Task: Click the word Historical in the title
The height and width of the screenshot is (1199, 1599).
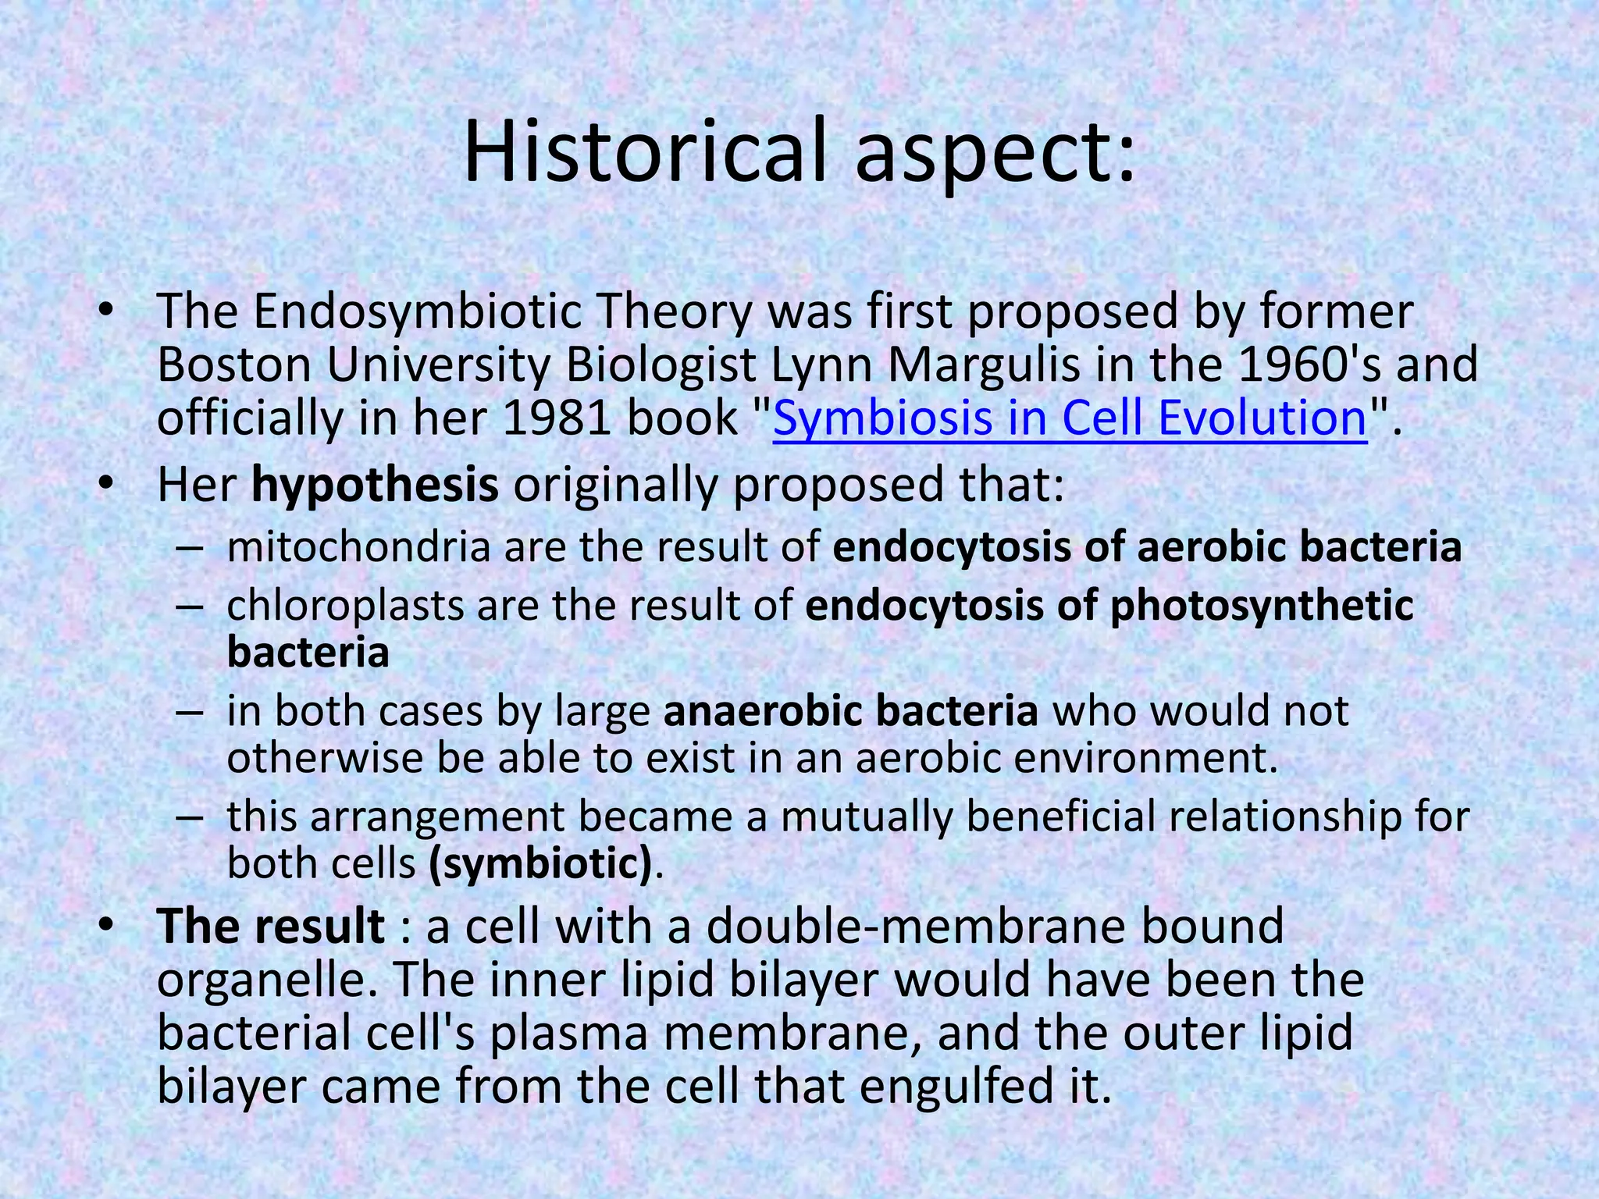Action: pos(644,151)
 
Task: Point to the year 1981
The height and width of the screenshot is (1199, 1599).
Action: pos(555,418)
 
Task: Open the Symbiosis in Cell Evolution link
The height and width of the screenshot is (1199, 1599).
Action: pos(1070,418)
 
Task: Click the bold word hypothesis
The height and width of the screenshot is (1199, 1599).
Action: pos(375,485)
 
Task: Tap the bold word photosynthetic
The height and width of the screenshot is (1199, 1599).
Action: pos(1261,605)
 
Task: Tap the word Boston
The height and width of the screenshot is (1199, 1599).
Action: pos(234,364)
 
